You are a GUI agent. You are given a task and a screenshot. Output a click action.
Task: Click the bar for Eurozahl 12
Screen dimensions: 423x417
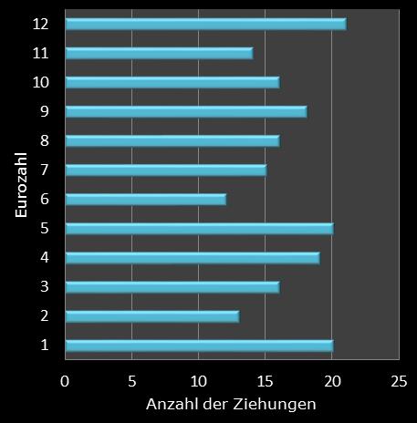click(x=205, y=24)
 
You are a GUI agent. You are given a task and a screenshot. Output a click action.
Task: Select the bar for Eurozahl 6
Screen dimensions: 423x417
click(x=146, y=199)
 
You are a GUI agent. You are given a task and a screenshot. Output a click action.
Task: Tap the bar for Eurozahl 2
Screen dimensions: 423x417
click(x=152, y=315)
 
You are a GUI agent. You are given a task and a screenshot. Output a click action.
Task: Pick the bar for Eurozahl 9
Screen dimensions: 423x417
click(x=186, y=111)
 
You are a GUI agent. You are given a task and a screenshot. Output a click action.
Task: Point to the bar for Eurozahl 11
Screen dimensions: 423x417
click(x=159, y=53)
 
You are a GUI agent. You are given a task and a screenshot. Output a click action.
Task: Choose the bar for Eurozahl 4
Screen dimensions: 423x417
click(x=193, y=257)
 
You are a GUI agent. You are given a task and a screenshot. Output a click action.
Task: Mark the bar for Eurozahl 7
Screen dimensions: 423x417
click(x=166, y=170)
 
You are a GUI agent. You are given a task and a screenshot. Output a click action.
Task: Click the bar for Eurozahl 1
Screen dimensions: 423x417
click(x=199, y=345)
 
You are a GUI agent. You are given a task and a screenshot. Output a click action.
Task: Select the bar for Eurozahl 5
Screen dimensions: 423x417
click(x=199, y=228)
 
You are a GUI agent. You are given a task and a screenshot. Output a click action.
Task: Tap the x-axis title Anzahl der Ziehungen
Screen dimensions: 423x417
click(x=232, y=403)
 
